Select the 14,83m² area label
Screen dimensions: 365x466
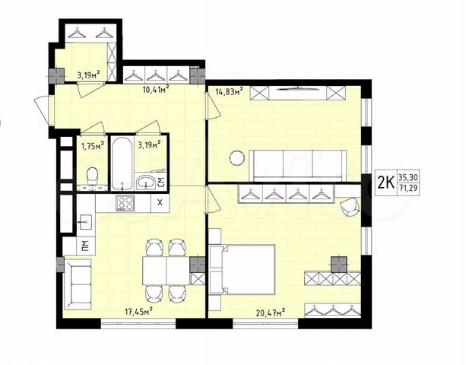click(x=228, y=93)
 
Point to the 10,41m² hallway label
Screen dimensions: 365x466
click(x=155, y=88)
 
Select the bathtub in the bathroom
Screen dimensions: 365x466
click(x=121, y=162)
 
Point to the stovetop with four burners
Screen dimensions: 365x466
click(x=125, y=203)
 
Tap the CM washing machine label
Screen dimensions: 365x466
click(x=161, y=181)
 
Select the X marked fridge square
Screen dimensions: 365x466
click(x=159, y=203)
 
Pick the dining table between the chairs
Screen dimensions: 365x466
click(x=166, y=269)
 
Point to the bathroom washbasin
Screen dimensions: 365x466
click(x=144, y=181)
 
